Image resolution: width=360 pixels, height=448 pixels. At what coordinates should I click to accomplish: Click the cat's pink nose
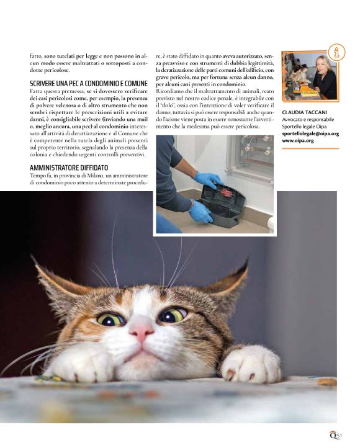pyautogui.click(x=140, y=331)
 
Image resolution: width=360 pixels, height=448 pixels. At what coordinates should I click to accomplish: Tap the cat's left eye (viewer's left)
pyautogui.click(x=110, y=320)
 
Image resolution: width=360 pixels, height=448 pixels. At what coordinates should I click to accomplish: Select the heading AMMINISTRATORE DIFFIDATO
pyautogui.click(x=69, y=168)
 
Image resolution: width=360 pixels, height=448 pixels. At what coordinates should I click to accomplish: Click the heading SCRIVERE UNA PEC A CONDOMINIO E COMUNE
pyautogui.click(x=89, y=83)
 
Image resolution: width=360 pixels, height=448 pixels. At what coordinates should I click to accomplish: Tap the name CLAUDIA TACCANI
pyautogui.click(x=304, y=112)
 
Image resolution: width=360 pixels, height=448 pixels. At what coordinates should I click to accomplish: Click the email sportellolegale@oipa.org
pyautogui.click(x=310, y=133)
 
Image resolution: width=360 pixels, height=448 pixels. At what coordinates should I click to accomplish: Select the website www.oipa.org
pyautogui.click(x=298, y=141)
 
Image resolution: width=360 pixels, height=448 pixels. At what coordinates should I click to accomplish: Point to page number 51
pyautogui.click(x=339, y=436)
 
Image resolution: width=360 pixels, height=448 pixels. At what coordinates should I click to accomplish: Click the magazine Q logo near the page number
pyautogui.click(x=333, y=435)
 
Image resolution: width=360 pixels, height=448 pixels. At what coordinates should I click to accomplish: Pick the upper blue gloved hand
pyautogui.click(x=209, y=180)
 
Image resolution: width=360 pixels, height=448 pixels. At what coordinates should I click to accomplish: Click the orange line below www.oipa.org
pyautogui.click(x=310, y=148)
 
